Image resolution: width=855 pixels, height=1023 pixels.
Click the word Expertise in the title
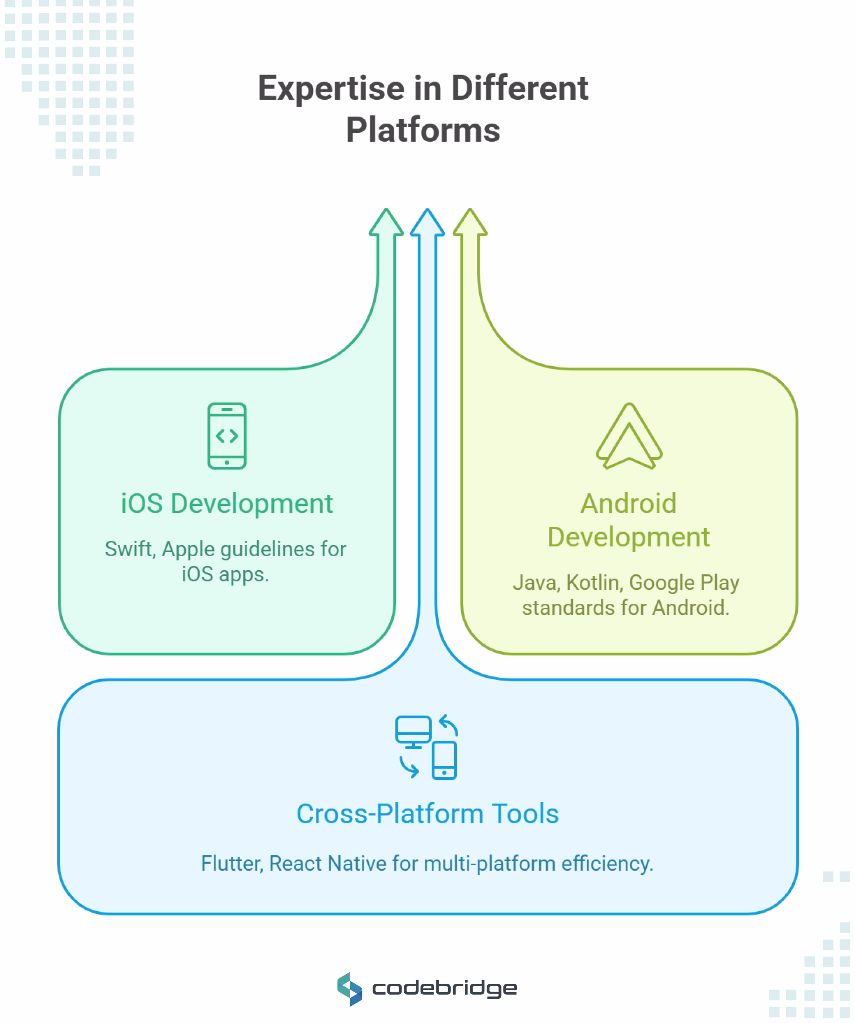click(331, 89)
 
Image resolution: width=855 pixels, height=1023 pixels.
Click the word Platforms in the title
click(423, 130)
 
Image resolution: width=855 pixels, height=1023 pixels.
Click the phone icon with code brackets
click(227, 436)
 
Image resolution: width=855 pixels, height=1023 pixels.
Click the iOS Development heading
click(227, 503)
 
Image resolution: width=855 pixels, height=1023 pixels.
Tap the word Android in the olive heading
click(629, 503)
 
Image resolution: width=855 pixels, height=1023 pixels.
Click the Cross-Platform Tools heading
click(427, 814)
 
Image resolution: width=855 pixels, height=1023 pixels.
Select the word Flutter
click(232, 864)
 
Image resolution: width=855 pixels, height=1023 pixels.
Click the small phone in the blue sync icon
click(444, 760)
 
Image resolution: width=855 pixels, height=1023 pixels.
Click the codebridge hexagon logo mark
click(350, 989)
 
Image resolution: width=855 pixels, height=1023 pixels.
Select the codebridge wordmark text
click(445, 989)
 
